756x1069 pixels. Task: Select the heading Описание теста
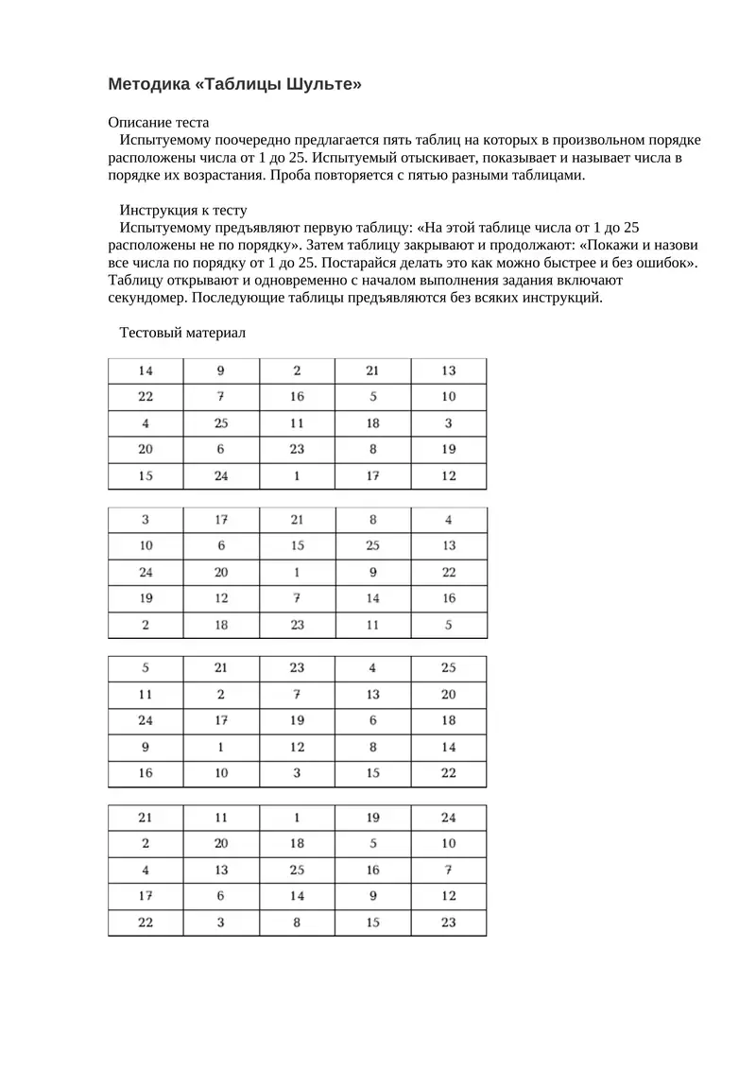click(159, 123)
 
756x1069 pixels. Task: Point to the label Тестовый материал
click(181, 333)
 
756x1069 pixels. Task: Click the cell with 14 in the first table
click(146, 371)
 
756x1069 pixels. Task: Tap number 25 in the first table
click(221, 423)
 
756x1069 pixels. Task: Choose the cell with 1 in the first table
click(297, 476)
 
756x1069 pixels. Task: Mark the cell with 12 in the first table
click(448, 476)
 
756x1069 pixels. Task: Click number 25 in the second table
click(372, 545)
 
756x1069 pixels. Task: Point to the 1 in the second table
click(297, 572)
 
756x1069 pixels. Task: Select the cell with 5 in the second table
click(448, 625)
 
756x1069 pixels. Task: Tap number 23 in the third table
click(297, 667)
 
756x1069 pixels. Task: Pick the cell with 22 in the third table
click(448, 773)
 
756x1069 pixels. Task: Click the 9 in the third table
click(146, 747)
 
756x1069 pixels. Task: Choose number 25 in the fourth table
click(297, 870)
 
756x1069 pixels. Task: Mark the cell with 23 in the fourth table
click(448, 922)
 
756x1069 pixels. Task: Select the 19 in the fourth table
click(372, 817)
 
